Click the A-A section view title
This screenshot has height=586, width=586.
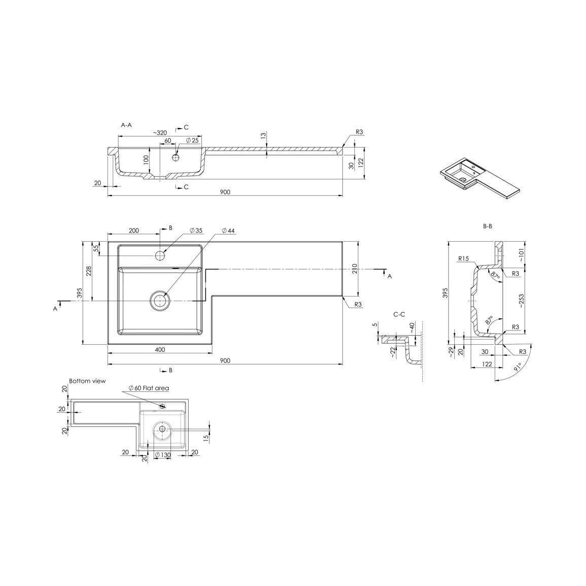pyautogui.click(x=126, y=125)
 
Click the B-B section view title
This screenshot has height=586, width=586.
pyautogui.click(x=487, y=227)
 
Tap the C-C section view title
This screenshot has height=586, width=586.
pyautogui.click(x=399, y=314)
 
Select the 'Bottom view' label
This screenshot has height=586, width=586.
pyautogui.click(x=88, y=381)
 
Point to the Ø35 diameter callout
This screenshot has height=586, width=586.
pyautogui.click(x=196, y=231)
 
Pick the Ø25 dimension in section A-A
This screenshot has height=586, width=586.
pyautogui.click(x=192, y=140)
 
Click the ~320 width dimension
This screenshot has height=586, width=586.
pyautogui.click(x=160, y=133)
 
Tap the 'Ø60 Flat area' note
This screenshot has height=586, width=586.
pyautogui.click(x=149, y=388)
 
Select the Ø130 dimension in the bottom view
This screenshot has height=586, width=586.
pyautogui.click(x=163, y=455)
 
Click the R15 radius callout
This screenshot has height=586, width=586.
pyautogui.click(x=463, y=259)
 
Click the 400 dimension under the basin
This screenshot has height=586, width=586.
pyautogui.click(x=160, y=350)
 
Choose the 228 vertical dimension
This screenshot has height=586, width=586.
pyautogui.click(x=89, y=271)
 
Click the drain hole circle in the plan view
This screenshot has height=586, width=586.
pyautogui.click(x=160, y=301)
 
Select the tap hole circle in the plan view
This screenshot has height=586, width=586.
pyautogui.click(x=161, y=255)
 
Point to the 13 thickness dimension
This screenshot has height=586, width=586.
pyautogui.click(x=263, y=136)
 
